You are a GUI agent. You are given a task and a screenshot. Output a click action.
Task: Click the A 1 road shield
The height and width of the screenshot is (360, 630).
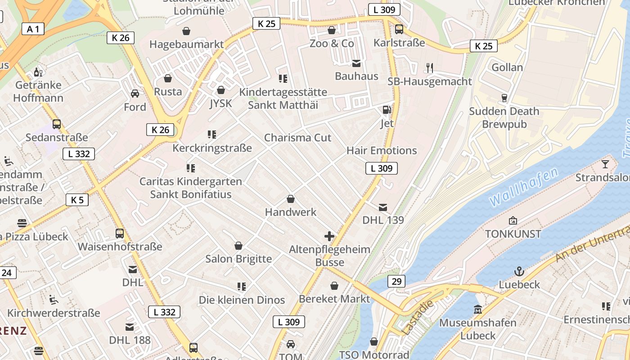point(33,29)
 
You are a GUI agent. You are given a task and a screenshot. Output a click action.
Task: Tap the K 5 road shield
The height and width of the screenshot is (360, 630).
point(77,200)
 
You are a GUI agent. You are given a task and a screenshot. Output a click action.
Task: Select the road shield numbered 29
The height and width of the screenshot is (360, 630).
point(396,281)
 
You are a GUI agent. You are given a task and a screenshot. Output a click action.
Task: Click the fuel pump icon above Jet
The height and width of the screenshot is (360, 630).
point(386,110)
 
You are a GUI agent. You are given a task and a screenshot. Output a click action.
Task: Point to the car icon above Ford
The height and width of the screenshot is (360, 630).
point(135,94)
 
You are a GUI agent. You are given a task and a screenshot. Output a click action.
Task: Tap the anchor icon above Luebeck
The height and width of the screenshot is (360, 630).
point(519,271)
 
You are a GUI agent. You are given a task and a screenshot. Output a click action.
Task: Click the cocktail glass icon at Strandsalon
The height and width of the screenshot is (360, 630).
point(605,164)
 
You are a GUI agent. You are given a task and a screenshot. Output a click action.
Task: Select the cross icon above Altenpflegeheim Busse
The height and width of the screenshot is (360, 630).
point(329,236)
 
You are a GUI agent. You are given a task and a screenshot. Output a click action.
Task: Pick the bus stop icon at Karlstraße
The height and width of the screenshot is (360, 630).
point(399,30)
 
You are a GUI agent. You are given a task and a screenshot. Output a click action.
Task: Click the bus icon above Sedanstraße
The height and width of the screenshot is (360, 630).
point(57,124)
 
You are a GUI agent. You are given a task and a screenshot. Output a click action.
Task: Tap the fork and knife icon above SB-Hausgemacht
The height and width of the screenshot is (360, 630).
point(429,68)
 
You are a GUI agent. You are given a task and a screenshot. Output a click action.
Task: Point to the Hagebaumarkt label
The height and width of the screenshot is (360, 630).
point(186,44)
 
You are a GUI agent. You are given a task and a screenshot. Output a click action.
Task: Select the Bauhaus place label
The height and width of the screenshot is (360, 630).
point(356,76)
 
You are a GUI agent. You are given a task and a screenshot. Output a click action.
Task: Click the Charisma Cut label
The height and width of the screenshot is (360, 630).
point(297,138)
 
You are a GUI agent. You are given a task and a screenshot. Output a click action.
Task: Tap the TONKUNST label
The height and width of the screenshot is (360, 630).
point(513,234)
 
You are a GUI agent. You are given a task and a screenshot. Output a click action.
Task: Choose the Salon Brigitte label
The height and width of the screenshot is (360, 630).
point(238,259)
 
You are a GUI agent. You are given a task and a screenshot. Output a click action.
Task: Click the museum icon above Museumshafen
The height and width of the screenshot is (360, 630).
point(478,310)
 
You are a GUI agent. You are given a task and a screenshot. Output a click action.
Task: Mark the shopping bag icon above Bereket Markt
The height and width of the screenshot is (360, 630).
point(334,286)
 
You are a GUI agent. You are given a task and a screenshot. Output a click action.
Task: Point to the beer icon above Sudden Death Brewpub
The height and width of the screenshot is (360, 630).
point(504,98)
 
